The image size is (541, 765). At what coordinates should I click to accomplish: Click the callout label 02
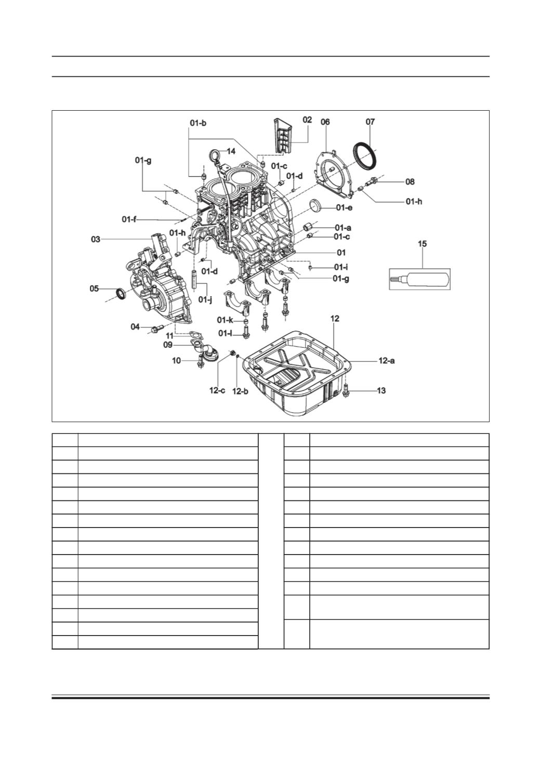pyautogui.click(x=307, y=120)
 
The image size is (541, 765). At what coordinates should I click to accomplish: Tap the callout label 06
pyautogui.click(x=325, y=122)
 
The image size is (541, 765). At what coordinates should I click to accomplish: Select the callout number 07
pyautogui.click(x=370, y=122)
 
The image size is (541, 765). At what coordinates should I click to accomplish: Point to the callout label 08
pyautogui.click(x=410, y=182)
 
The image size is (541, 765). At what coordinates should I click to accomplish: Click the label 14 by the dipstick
pyautogui.click(x=231, y=151)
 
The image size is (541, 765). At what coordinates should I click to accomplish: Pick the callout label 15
pyautogui.click(x=423, y=244)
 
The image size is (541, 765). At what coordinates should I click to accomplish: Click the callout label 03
pyautogui.click(x=96, y=240)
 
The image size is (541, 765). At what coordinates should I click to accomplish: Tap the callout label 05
pyautogui.click(x=94, y=289)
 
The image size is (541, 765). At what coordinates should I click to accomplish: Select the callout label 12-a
pyautogui.click(x=387, y=361)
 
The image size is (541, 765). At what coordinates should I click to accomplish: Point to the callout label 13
pyautogui.click(x=381, y=390)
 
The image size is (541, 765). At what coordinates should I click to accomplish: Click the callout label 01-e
pyautogui.click(x=344, y=207)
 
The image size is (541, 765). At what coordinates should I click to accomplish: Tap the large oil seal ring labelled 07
pyautogui.click(x=365, y=156)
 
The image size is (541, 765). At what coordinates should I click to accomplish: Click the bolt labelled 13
pyautogui.click(x=346, y=390)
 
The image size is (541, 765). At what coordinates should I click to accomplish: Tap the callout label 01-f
pyautogui.click(x=129, y=219)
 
